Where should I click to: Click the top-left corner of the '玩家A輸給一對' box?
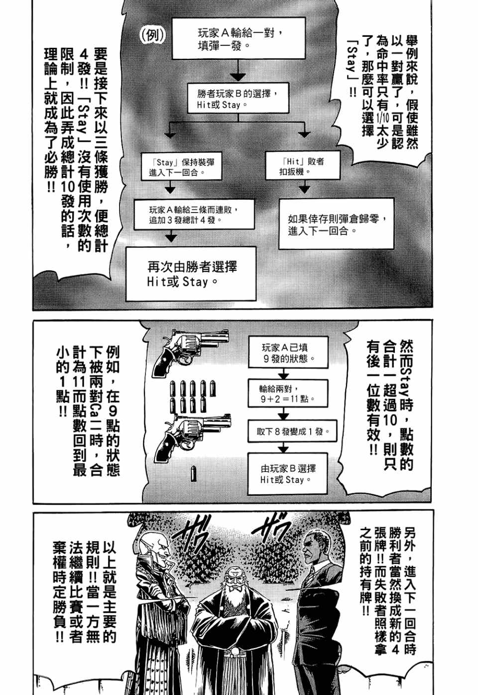[x=172, y=18]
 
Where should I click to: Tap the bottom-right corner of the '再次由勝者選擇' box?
[x=256, y=300]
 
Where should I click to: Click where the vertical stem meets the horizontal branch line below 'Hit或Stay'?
[x=238, y=121]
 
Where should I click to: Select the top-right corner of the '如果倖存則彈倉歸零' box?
[x=394, y=199]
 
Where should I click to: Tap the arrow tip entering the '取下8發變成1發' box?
[x=283, y=420]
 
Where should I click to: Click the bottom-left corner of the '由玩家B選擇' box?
[x=248, y=494]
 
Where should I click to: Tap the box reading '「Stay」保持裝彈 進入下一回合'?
[x=181, y=166]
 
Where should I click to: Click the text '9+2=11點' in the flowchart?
[x=288, y=399]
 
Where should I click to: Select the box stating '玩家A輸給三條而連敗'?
[x=194, y=215]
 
